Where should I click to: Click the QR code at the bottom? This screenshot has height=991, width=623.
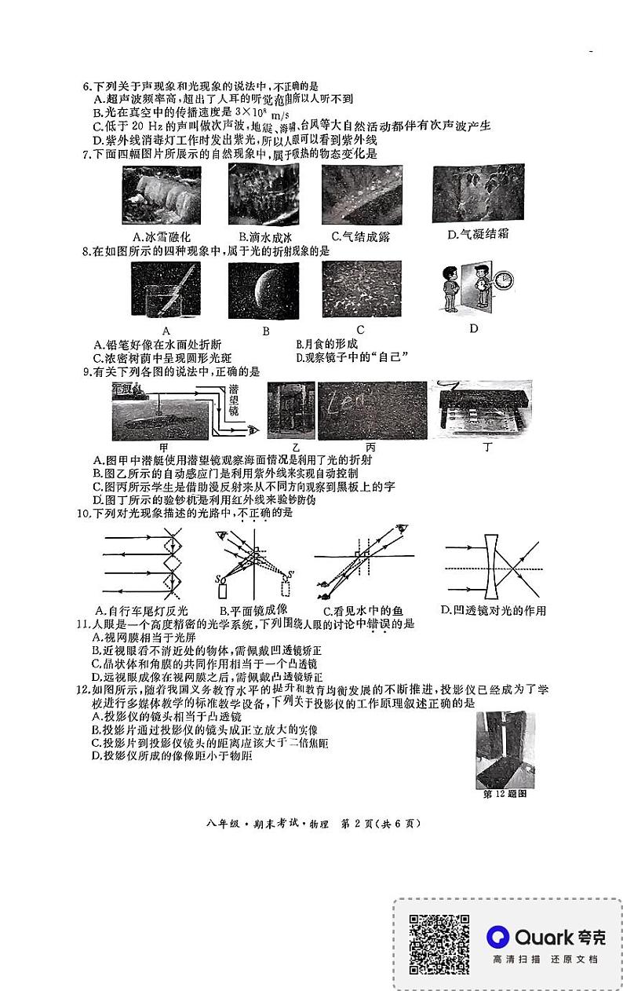pos(439,942)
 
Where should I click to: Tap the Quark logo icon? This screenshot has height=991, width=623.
pos(497,936)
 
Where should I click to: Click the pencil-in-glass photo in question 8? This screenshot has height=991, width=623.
pos(166,291)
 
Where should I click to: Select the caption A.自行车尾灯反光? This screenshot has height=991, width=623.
pos(141,610)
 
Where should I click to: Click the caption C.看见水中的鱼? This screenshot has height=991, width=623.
pos(362,611)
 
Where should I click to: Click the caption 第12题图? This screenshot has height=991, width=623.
pos(504,793)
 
